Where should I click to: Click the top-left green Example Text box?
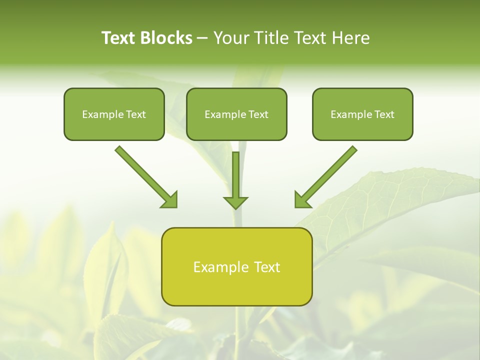point(114,114)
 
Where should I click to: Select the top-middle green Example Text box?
point(236,114)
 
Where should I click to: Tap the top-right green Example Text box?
point(362,114)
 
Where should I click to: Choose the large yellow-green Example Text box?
point(236,267)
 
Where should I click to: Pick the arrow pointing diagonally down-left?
point(327,175)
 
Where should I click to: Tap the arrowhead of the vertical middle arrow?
point(235,202)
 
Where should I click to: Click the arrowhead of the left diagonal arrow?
point(170,200)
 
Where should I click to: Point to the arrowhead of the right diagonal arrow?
point(302,200)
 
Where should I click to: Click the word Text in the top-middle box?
point(258,114)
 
